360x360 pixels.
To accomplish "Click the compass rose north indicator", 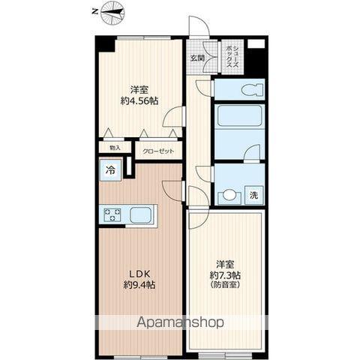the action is [x=113, y=12].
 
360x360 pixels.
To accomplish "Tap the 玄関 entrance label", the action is [x=197, y=58].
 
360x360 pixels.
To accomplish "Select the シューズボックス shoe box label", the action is [x=232, y=57].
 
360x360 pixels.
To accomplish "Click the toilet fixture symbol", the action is [x=252, y=89].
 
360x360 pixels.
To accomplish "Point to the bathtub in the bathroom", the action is [x=239, y=115].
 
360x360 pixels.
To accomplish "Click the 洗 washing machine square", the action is [x=254, y=195].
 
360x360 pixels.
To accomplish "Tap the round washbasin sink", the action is [x=229, y=195].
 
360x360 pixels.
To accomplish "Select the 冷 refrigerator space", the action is [x=110, y=170].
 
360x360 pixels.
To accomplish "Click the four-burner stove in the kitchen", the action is [x=112, y=214].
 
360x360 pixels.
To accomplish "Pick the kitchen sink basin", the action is [x=140, y=214].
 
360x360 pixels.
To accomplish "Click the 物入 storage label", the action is [x=115, y=148].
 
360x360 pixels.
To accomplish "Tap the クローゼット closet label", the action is [x=158, y=151].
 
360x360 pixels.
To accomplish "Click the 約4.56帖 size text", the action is [x=139, y=100].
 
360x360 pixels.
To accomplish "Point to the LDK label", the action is [x=139, y=274].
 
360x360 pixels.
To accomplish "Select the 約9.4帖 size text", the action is [x=139, y=285].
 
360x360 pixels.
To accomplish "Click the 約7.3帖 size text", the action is [x=225, y=275].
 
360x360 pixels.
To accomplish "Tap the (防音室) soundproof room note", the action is [x=225, y=285].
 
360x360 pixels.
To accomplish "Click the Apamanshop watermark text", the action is [x=180, y=322].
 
